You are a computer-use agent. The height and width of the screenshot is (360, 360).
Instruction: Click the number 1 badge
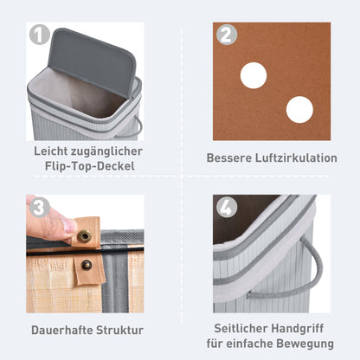point(39,36)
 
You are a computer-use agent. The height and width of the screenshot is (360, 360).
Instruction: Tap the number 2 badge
point(227,36)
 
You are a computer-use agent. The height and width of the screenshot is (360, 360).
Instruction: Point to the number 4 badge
point(227,209)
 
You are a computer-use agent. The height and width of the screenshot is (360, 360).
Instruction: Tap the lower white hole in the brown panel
point(299,109)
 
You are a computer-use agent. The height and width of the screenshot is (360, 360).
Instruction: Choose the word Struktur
point(122,330)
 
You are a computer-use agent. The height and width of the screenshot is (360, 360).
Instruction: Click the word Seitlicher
point(239,329)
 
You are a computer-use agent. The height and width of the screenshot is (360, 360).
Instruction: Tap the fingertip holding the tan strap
point(61,224)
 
